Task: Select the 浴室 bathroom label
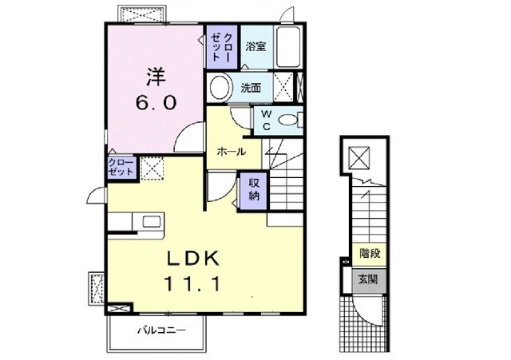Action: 255,46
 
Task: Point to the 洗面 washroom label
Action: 251,88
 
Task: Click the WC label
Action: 266,121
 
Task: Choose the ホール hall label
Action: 231,152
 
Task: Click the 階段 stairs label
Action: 368,255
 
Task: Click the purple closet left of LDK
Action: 121,168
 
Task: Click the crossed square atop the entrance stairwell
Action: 360,158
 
